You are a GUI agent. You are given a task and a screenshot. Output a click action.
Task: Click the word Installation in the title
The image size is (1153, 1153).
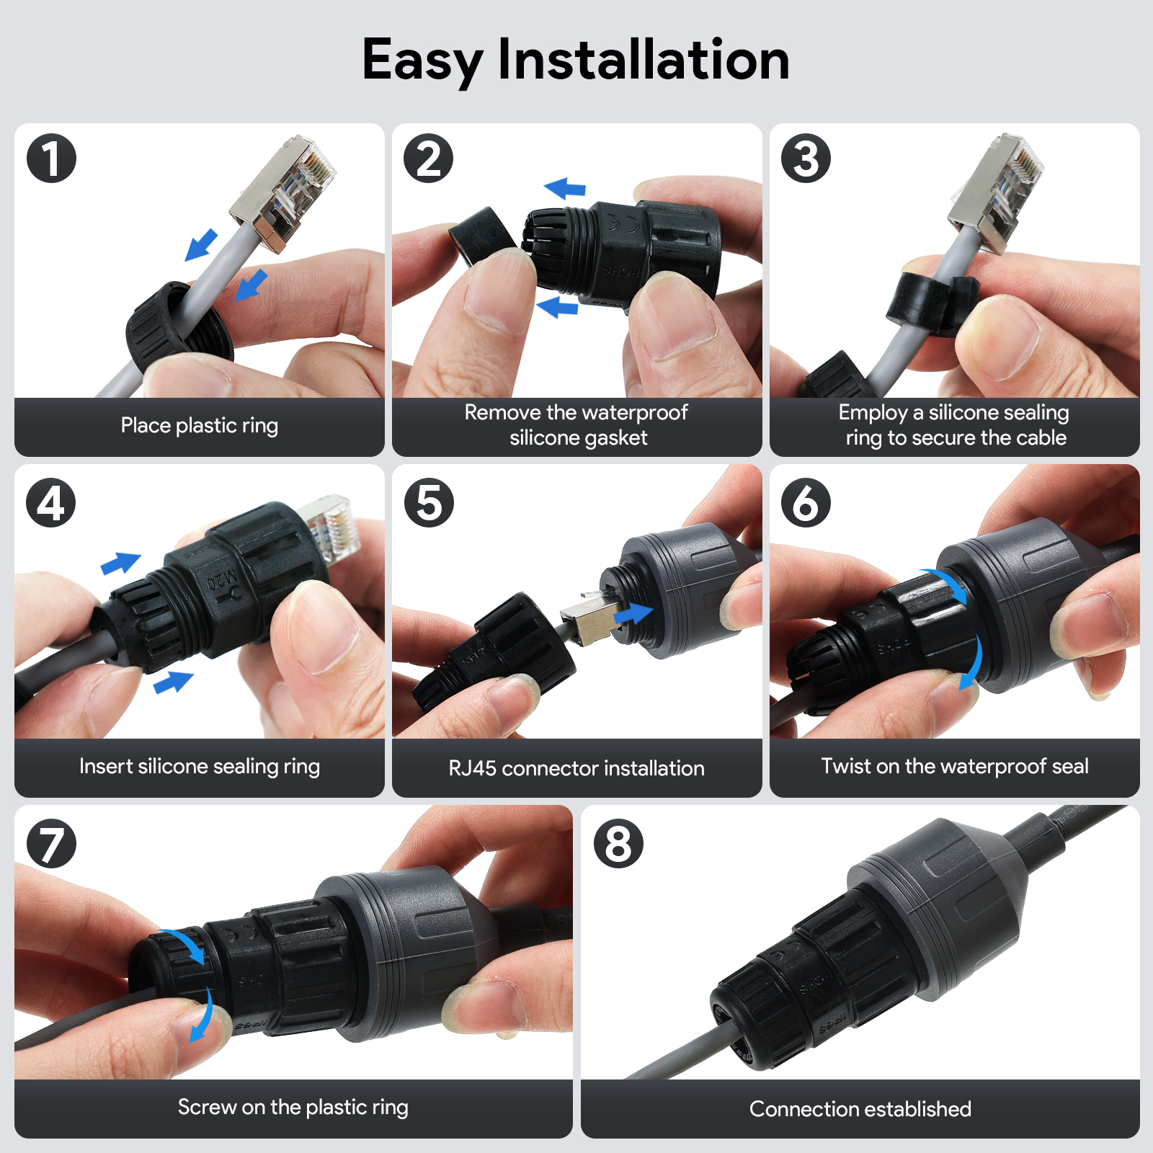click(644, 59)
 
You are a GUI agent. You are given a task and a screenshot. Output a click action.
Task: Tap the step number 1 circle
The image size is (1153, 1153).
click(52, 159)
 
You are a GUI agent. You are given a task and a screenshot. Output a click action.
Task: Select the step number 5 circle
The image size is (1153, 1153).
click(429, 502)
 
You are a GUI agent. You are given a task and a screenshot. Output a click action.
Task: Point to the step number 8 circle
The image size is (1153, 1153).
click(618, 843)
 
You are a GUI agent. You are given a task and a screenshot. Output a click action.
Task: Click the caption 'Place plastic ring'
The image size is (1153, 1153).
click(200, 425)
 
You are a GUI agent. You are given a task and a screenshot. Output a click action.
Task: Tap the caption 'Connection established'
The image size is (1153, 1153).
click(860, 1108)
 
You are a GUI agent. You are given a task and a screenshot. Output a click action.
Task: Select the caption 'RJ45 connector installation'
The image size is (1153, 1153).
click(576, 767)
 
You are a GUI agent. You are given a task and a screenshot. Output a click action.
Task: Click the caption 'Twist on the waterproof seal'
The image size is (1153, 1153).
click(955, 765)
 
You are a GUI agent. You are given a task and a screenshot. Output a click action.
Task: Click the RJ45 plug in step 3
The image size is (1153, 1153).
click(996, 192)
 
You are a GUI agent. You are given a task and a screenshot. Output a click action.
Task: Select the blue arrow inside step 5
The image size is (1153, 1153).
click(633, 614)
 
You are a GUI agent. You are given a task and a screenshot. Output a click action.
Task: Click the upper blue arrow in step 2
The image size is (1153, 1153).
click(565, 188)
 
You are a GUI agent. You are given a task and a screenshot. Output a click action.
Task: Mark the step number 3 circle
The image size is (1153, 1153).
click(806, 159)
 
